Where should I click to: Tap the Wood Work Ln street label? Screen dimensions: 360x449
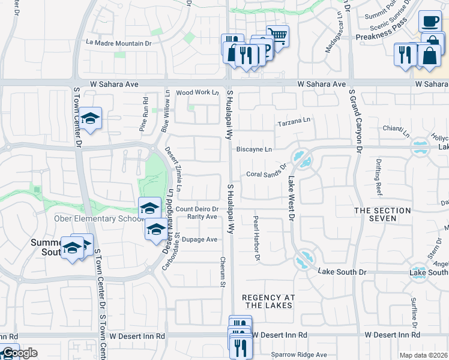point(197,92)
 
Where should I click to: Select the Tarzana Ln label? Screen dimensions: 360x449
point(294,122)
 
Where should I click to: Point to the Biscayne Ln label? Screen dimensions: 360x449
point(254,149)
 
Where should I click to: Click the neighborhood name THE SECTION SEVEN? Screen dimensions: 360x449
point(382,214)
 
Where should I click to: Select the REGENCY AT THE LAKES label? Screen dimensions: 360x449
point(267,301)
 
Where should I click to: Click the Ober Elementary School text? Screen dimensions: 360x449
point(100,218)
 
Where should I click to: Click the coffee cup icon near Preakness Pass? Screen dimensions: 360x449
point(429,22)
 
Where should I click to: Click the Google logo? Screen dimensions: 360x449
point(20,353)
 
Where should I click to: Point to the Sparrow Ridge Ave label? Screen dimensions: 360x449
point(299,355)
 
